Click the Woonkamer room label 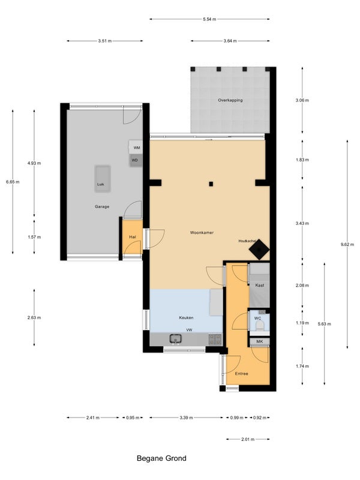click(202, 233)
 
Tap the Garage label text click(102, 206)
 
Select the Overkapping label click(230, 100)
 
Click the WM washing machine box click(136, 148)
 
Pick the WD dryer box click(136, 160)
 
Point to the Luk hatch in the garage click(102, 179)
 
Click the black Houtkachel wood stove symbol click(259, 250)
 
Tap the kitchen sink click(176, 338)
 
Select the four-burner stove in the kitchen click(215, 339)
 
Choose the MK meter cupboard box click(260, 341)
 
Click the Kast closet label click(260, 286)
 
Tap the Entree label click(242, 374)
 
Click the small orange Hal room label click(133, 237)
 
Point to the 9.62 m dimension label click(347, 244)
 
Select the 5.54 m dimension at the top click(209, 19)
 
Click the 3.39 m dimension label click(186, 418)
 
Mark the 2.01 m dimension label click(248, 439)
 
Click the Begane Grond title click(161, 458)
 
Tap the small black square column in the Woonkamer click(211, 184)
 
